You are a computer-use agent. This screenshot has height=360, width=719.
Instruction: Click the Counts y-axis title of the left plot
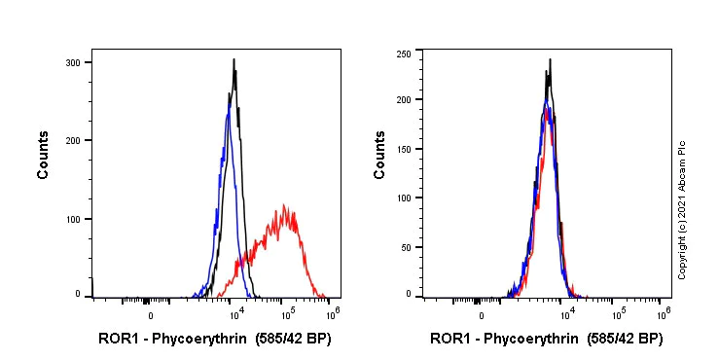pos(44,157)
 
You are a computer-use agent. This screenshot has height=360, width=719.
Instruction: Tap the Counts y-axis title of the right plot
pos(380,157)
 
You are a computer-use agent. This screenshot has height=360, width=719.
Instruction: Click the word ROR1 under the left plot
pos(116,340)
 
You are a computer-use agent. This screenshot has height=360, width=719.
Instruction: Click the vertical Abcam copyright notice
pos(683,208)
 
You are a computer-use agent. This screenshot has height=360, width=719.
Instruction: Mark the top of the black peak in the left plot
pos(234,59)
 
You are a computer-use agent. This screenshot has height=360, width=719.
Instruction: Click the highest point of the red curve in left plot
pos(284,205)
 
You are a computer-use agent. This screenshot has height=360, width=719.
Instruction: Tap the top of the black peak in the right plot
pos(550,59)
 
